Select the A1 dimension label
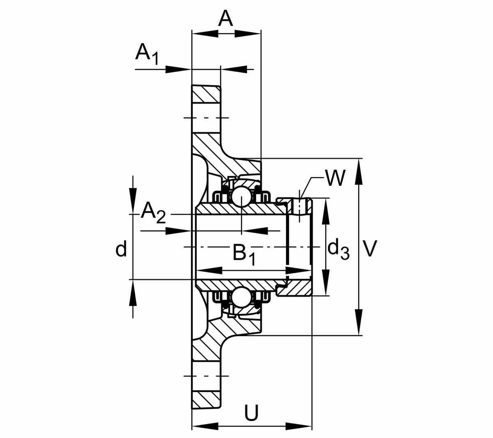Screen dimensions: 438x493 point(146,53)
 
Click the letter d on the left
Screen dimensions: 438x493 point(121,249)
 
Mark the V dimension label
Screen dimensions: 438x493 point(371,249)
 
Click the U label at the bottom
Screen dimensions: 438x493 point(251,413)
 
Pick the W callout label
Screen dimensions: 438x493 point(334,179)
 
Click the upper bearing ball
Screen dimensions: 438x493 point(240,196)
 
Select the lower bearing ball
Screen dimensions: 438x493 point(240,297)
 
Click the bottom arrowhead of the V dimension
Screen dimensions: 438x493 point(359,322)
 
